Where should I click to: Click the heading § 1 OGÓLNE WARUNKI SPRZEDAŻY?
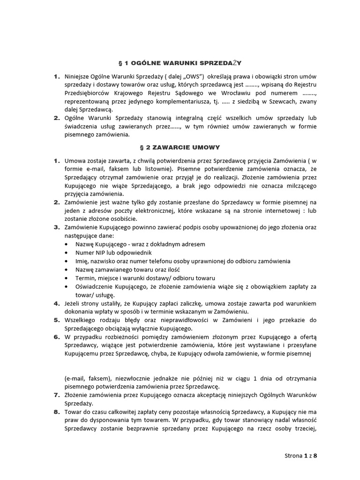(180, 62)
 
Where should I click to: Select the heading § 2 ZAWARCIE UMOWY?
(180, 147)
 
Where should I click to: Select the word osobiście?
(123, 219)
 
